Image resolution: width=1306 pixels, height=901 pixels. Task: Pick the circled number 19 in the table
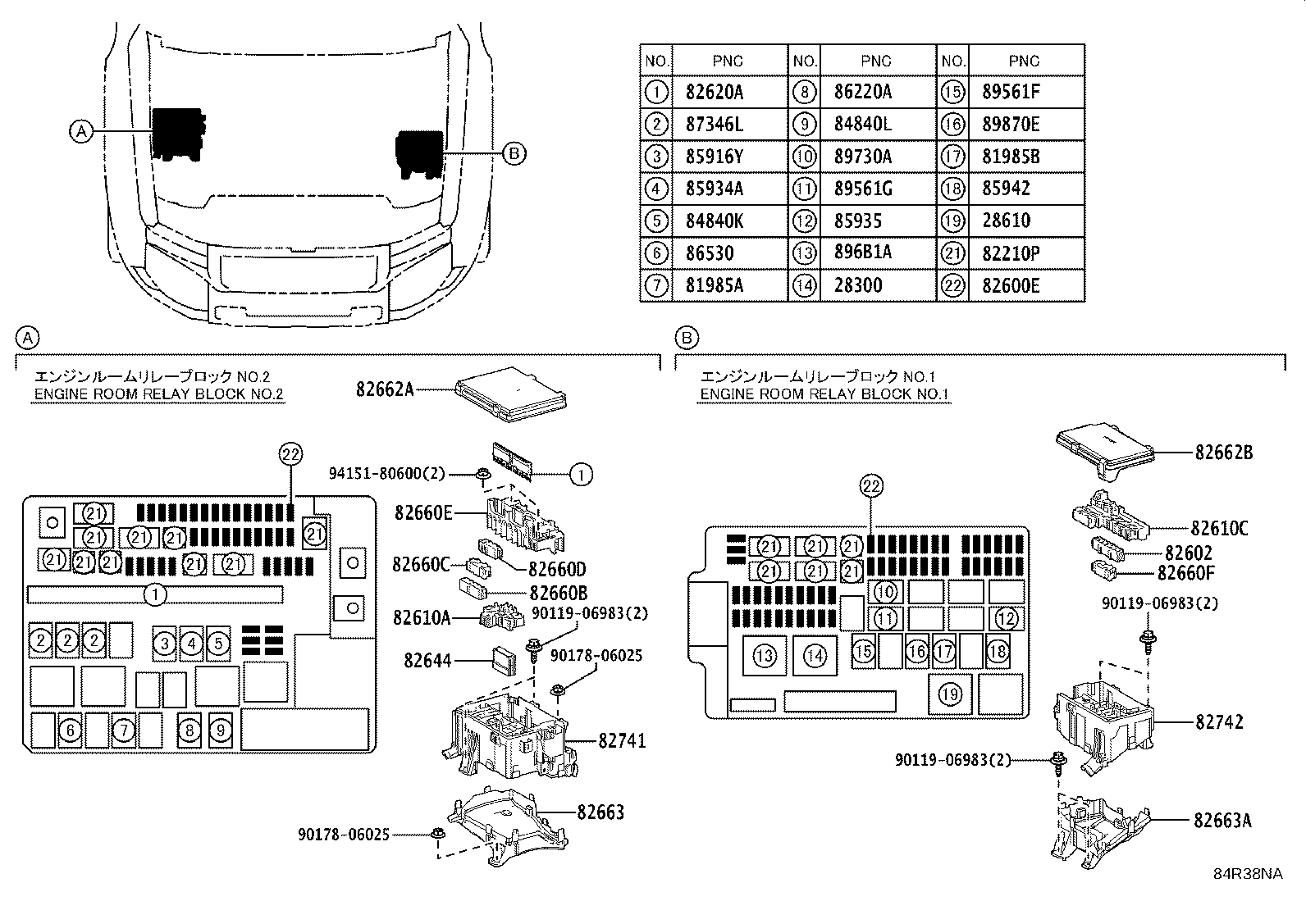pyautogui.click(x=952, y=221)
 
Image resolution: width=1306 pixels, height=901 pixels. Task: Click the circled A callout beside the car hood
pyautogui.click(x=82, y=131)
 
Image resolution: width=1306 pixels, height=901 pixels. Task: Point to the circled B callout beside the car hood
pyautogui.click(x=514, y=153)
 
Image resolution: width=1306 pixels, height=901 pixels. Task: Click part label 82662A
pyautogui.click(x=385, y=389)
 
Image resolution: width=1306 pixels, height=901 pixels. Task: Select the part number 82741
pyautogui.click(x=622, y=741)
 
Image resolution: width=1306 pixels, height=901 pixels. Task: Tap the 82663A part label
pyautogui.click(x=1222, y=821)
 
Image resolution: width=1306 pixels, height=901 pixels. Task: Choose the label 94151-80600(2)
pyautogui.click(x=386, y=473)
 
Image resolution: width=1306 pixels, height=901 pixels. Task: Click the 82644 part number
pyautogui.click(x=427, y=660)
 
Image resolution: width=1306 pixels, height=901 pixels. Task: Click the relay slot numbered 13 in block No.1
pyautogui.click(x=765, y=656)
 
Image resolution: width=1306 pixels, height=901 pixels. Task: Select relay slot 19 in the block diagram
pyautogui.click(x=950, y=694)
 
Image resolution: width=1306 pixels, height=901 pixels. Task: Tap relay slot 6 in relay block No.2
pyautogui.click(x=70, y=730)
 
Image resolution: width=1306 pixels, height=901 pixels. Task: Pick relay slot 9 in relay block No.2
pyautogui.click(x=221, y=730)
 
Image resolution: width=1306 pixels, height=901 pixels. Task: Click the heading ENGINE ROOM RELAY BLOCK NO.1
pyautogui.click(x=824, y=394)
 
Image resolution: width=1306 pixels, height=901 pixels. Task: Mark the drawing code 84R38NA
pyautogui.click(x=1249, y=874)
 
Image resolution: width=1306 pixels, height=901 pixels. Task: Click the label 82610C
pyautogui.click(x=1219, y=529)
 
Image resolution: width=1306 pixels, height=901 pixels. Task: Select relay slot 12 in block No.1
pyautogui.click(x=1007, y=618)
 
